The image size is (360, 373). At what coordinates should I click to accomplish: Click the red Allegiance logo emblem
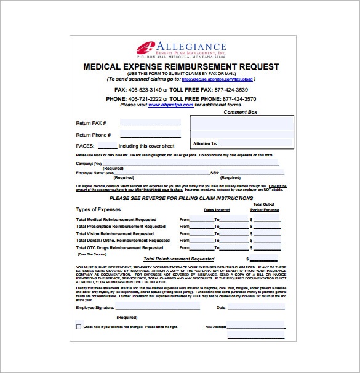pos(146,48)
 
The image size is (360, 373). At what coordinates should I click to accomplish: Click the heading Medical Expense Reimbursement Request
pos(180,66)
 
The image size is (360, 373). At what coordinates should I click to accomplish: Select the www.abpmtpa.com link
pos(170,105)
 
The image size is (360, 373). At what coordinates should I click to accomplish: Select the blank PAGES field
pos(107,146)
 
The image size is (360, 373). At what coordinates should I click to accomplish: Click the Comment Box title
pos(240,112)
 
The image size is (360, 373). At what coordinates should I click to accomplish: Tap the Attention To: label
pos(206,143)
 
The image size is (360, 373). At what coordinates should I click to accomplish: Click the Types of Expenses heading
pos(98,209)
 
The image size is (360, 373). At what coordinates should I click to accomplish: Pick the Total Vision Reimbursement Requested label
pos(115,234)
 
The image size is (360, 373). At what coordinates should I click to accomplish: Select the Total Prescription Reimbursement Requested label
pos(121,227)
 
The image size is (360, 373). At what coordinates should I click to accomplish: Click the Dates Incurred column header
pos(217,210)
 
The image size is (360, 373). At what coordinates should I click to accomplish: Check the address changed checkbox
pos(78,327)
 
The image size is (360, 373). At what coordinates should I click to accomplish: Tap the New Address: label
pos(215,327)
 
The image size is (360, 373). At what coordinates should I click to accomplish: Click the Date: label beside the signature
pos(222,307)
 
